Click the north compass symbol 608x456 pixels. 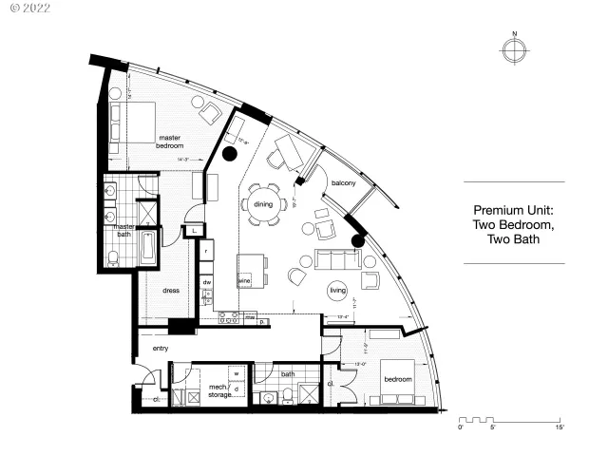[x=514, y=50]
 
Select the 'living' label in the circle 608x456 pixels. [x=338, y=291]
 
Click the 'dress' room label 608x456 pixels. [x=172, y=291]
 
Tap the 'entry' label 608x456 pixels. [x=161, y=349]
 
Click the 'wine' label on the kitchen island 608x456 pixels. [x=243, y=281]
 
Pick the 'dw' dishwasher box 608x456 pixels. [x=206, y=281]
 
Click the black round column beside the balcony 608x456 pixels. [x=358, y=241]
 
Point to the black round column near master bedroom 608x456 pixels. [x=229, y=152]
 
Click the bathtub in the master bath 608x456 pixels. [x=150, y=248]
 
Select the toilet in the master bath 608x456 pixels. [x=113, y=257]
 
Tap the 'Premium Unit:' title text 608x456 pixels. [x=513, y=211]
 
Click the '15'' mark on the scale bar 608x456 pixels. [x=560, y=428]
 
